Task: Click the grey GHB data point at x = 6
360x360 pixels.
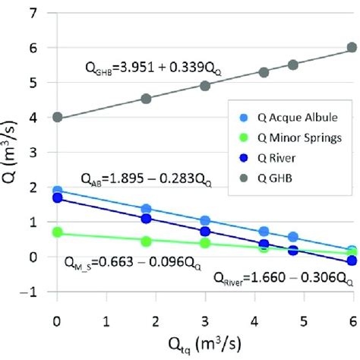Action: click(x=352, y=47)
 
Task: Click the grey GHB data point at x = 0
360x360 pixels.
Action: click(x=57, y=117)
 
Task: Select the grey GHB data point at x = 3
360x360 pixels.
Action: click(x=204, y=85)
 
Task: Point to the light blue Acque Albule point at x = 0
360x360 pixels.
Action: click(x=57, y=191)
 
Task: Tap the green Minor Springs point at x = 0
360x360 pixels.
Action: click(x=57, y=233)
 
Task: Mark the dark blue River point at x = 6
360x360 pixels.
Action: click(x=352, y=261)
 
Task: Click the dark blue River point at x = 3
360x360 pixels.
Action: click(x=204, y=231)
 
